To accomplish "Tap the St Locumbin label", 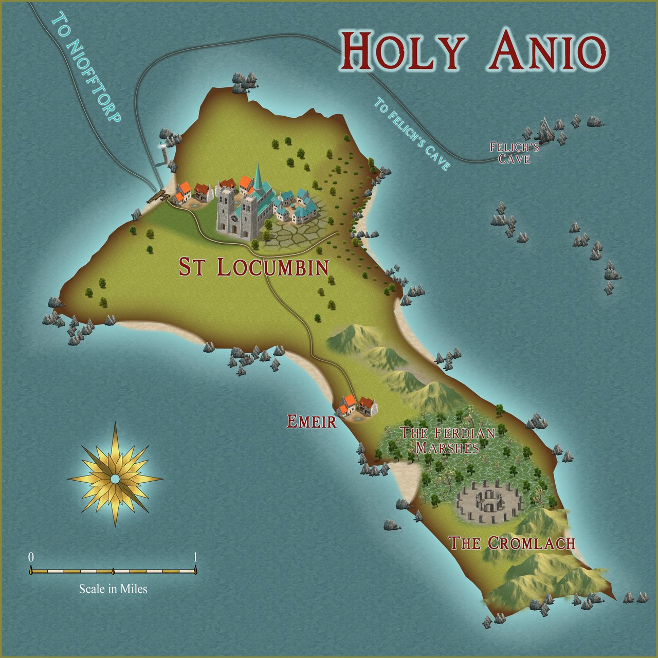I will point(254,267).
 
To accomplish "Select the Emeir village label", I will point(312,422).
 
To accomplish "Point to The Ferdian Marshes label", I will point(447,440).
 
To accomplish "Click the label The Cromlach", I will point(512,543).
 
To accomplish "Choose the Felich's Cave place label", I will point(514,153).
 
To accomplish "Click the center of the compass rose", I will point(115,479).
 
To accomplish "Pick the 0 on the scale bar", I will point(31,557).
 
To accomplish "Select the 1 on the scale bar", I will point(195,557).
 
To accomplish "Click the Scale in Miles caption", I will point(113,589).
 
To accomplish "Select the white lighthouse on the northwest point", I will point(164,152).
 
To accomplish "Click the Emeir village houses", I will point(356,406).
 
